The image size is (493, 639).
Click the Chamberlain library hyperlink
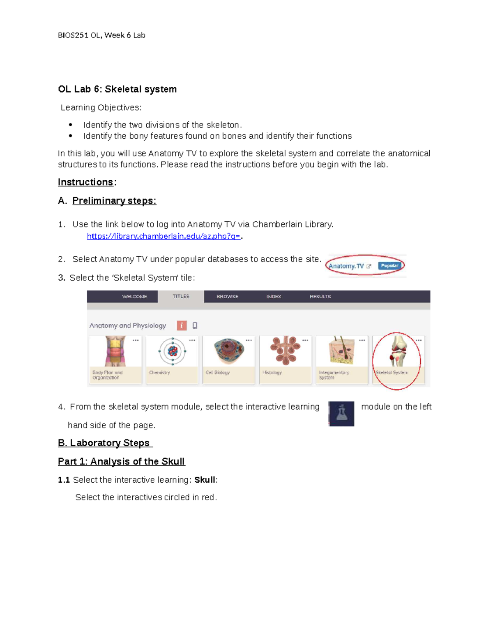(164, 236)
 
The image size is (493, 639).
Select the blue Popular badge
(389, 266)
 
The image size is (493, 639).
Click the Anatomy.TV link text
(346, 266)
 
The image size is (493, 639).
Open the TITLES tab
(181, 296)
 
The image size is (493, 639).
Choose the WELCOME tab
(134, 296)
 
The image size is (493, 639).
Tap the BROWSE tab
(227, 296)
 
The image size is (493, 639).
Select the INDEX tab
(274, 296)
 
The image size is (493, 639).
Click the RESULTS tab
(320, 296)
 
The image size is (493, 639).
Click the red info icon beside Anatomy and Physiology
(182, 325)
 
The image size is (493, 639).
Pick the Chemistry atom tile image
(173, 351)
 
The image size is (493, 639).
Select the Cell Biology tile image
(229, 351)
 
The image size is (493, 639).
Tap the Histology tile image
(286, 351)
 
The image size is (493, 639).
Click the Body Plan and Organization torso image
(115, 351)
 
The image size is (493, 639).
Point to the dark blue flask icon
(341, 414)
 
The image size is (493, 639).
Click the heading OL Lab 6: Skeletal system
(117, 89)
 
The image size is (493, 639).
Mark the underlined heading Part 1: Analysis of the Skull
(121, 461)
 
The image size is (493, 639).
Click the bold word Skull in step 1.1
(205, 480)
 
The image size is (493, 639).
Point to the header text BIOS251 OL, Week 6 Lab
(101, 35)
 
